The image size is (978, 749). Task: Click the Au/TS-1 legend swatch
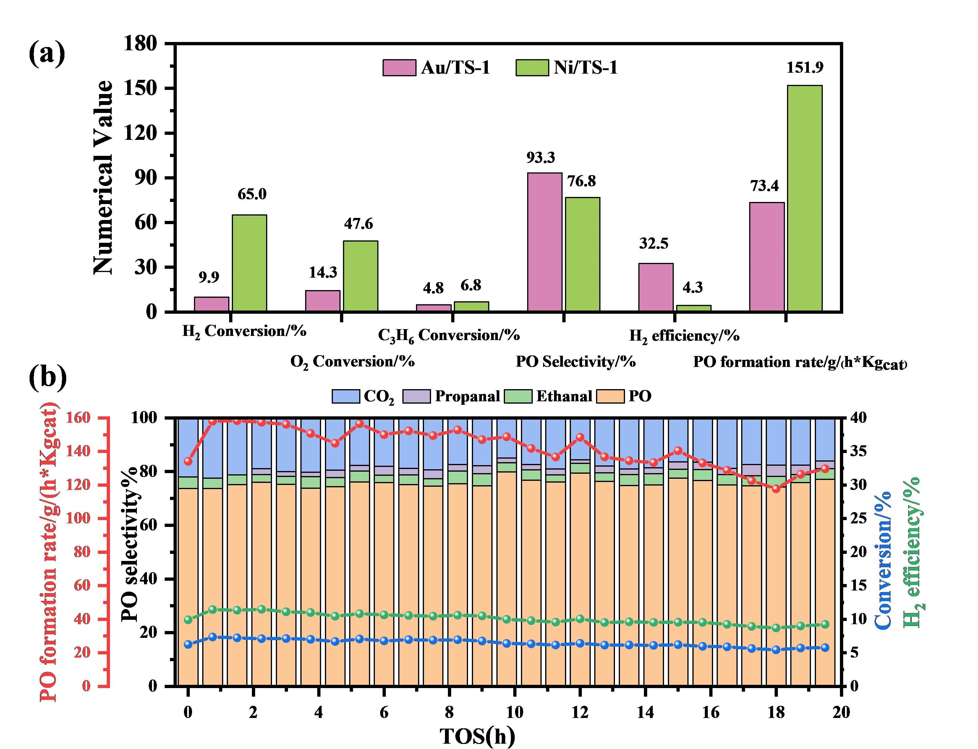(399, 68)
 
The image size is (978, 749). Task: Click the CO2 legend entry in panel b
(363, 396)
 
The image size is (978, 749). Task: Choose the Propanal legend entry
(451, 396)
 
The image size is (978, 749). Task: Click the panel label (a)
(46, 54)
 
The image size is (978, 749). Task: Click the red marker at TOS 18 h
(775, 488)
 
